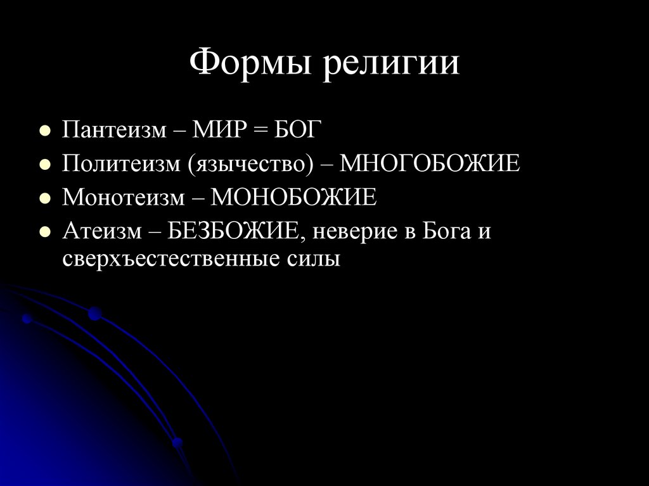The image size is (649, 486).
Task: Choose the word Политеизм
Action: tap(120, 165)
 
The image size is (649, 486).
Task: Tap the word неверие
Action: tap(350, 231)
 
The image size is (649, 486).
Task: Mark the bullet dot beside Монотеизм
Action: tap(44, 199)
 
